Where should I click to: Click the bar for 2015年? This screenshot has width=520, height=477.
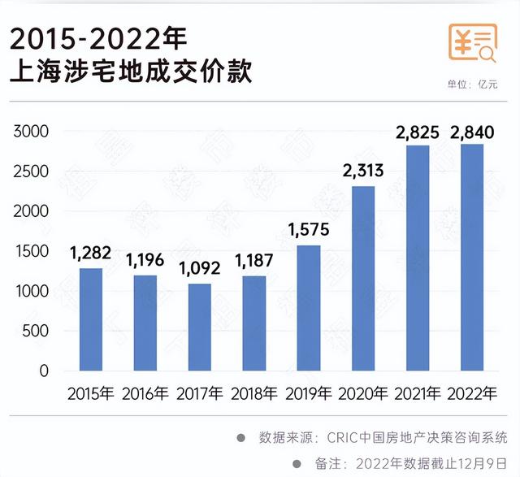pyautogui.click(x=91, y=319)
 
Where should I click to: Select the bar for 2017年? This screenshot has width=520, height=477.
pyautogui.click(x=199, y=327)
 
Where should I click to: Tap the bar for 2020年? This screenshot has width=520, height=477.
pyautogui.click(x=362, y=279)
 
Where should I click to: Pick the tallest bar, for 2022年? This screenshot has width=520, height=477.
pyautogui.click(x=471, y=258)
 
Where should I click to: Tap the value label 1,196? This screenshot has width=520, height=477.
pyautogui.click(x=145, y=262)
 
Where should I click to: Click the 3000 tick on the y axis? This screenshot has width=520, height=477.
pyautogui.click(x=32, y=132)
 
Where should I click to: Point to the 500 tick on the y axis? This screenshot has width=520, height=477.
pyautogui.click(x=37, y=332)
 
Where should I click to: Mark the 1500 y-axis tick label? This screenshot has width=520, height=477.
pyautogui.click(x=32, y=251)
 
